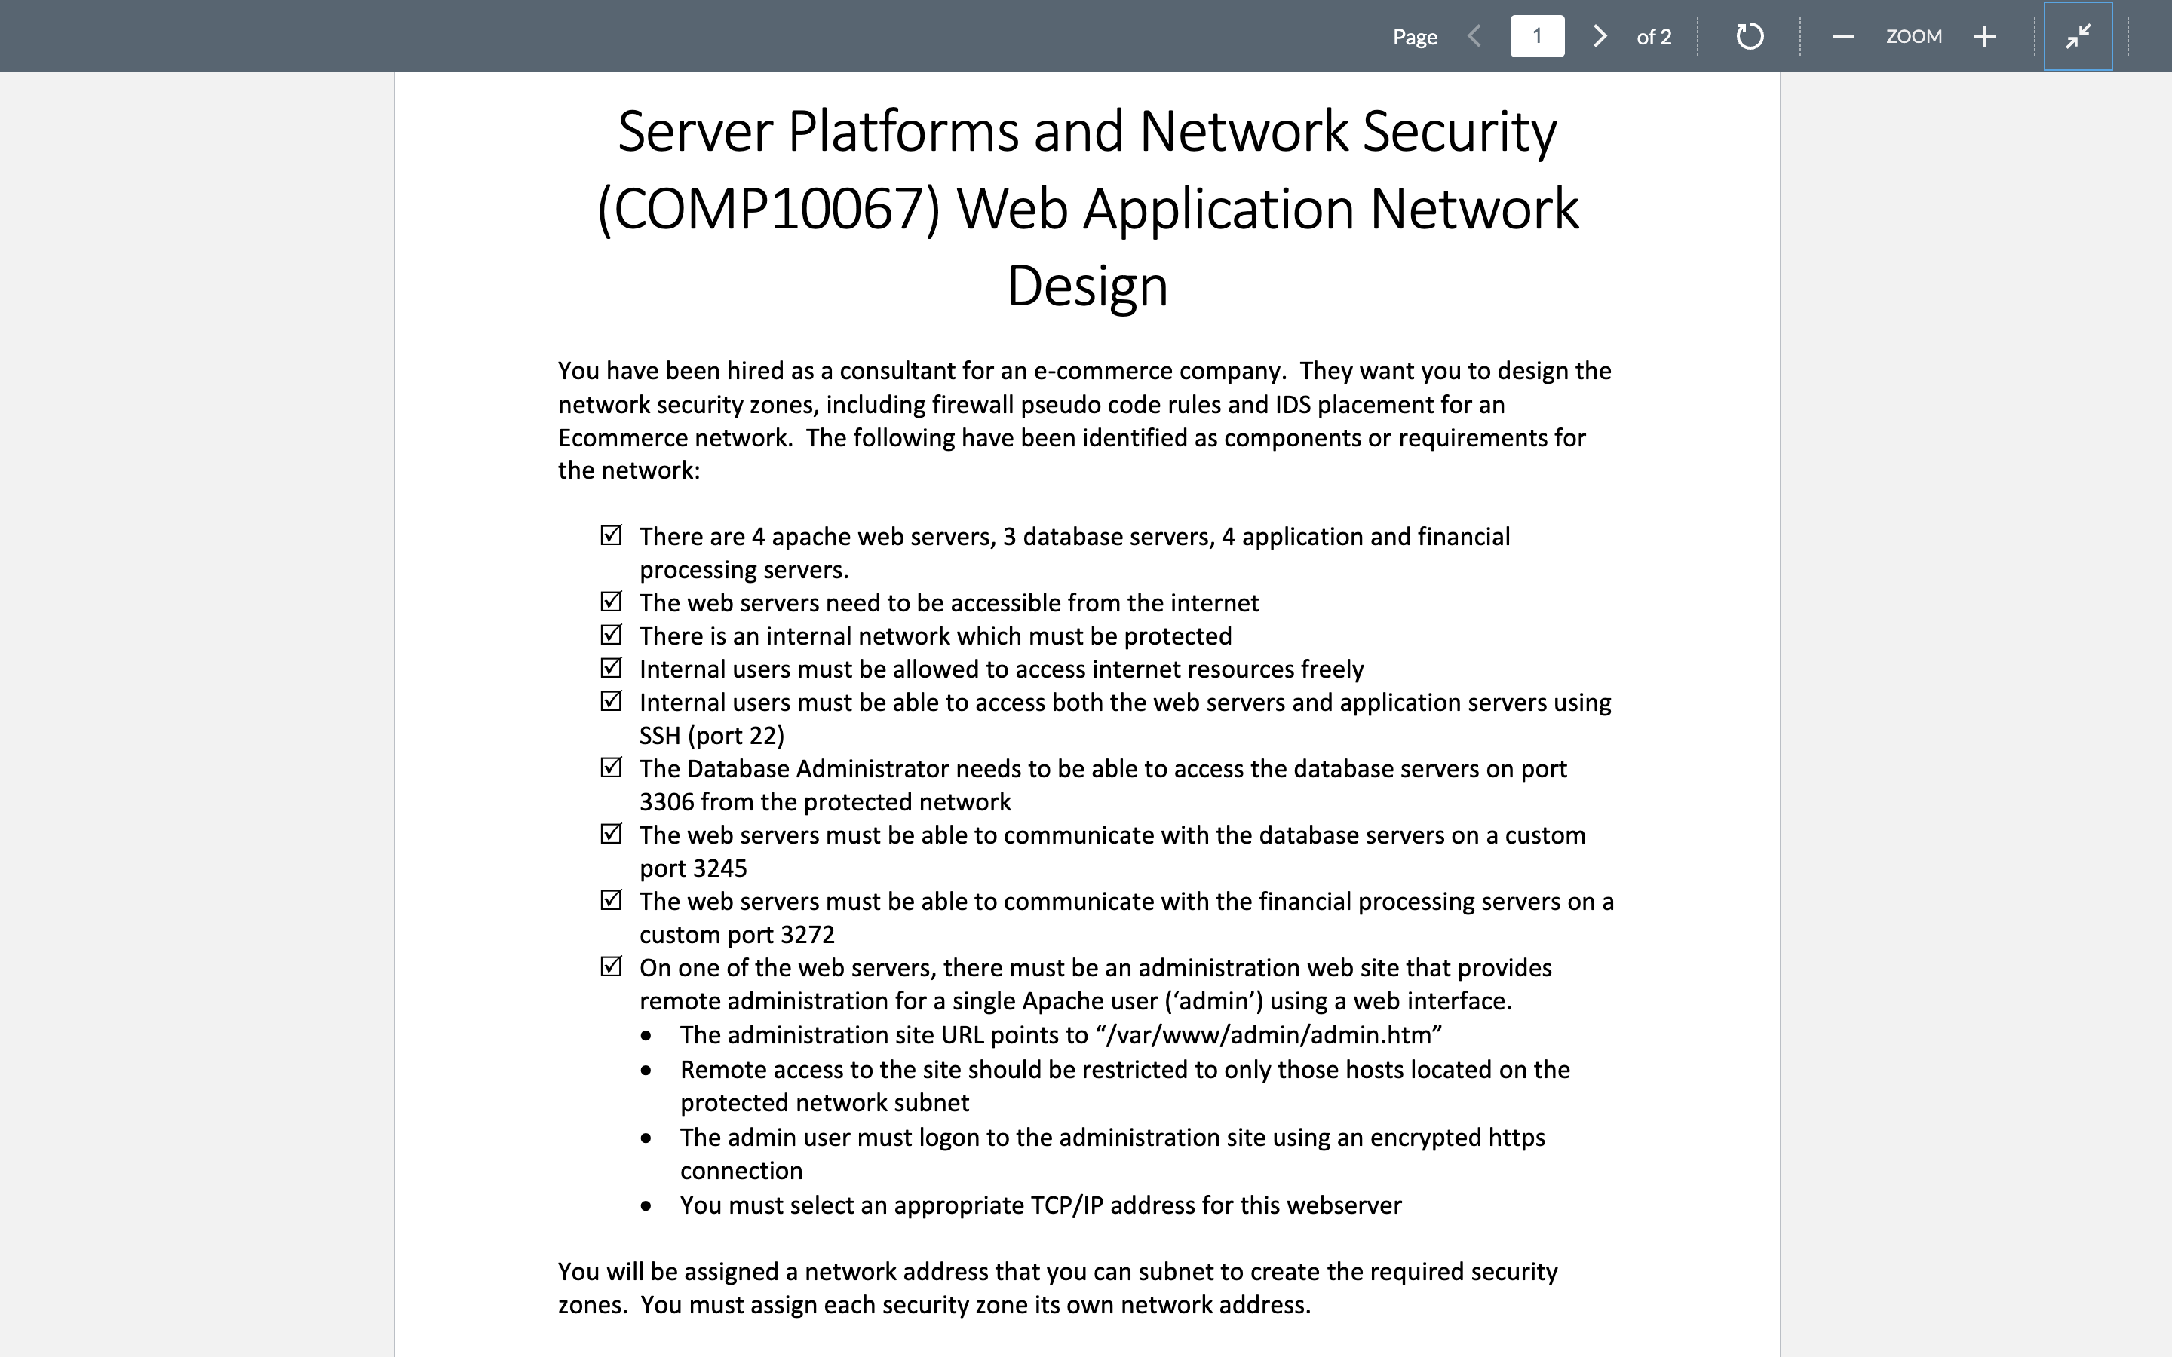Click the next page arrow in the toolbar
(1600, 37)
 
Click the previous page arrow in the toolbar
(1474, 37)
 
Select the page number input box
(1536, 37)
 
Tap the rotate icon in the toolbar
(1749, 37)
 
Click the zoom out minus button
(1843, 37)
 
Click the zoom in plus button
(1985, 37)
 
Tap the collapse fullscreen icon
(2078, 37)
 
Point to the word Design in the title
(1087, 286)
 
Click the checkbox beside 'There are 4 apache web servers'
(611, 536)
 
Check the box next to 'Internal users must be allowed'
(611, 669)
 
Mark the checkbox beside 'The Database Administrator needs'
(611, 768)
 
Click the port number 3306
(666, 802)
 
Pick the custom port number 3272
(807, 935)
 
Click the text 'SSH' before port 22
(660, 736)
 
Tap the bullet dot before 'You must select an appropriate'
(646, 1207)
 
